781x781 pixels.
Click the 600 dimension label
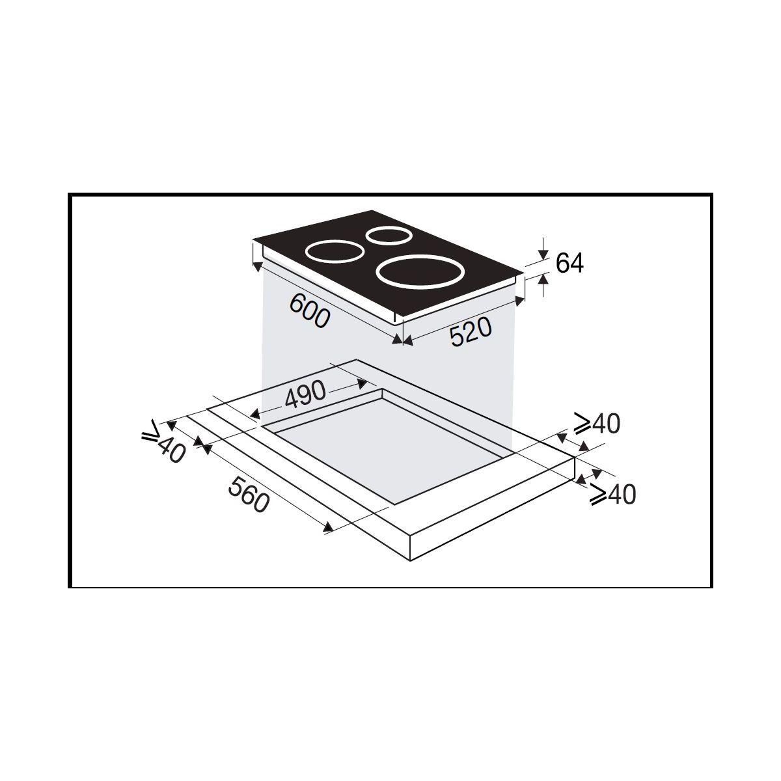point(310,310)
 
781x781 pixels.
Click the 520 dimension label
point(469,334)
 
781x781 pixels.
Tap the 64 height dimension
point(570,263)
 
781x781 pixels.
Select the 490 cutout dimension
point(304,393)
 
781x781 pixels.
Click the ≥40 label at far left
point(163,444)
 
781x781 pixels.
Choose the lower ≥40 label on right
point(612,495)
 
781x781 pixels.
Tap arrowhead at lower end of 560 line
point(329,528)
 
